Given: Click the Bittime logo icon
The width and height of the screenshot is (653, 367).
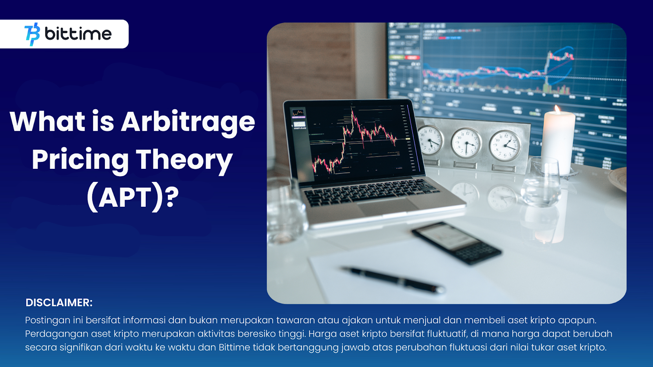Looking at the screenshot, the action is pyautogui.click(x=32, y=34).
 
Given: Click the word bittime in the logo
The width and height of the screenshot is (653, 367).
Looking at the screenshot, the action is pyautogui.click(x=78, y=34).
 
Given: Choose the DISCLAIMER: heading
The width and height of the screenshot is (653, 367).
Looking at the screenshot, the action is pyautogui.click(x=59, y=303).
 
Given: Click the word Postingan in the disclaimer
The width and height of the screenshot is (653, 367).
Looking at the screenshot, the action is pyautogui.click(x=47, y=321).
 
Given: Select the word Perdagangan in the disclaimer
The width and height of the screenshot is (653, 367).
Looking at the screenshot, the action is pyautogui.click(x=57, y=334).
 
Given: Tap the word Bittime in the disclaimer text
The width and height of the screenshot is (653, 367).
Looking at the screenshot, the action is pyautogui.click(x=234, y=347).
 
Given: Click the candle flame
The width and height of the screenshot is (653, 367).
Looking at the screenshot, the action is pyautogui.click(x=557, y=109).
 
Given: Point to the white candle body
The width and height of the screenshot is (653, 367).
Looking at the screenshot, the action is pyautogui.click(x=558, y=143).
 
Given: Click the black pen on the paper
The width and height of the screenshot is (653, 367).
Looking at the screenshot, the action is pyautogui.click(x=393, y=280).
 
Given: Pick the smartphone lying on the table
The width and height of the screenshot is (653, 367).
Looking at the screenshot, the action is pyautogui.click(x=457, y=243).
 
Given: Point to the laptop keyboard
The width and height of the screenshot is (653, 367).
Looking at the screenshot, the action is pyautogui.click(x=370, y=192).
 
